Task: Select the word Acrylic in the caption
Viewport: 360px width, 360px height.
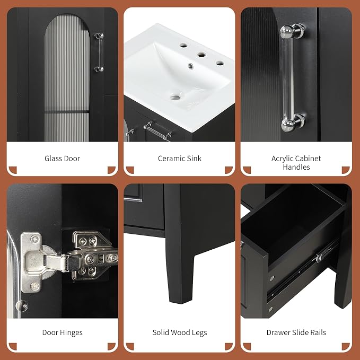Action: pos(284,159)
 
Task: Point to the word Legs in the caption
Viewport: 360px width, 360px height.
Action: pos(199,332)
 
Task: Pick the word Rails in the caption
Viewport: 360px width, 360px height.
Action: pos(318,332)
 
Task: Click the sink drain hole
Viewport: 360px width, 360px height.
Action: pos(175,98)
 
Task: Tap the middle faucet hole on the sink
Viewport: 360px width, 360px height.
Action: pos(201,55)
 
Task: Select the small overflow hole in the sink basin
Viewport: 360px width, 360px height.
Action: pos(190,66)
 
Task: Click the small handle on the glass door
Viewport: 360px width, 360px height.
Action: pos(99,52)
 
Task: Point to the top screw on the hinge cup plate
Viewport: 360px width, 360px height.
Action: pos(34,239)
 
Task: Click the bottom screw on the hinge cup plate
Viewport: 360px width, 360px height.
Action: pos(34,286)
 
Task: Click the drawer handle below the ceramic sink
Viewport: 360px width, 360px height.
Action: pos(157,131)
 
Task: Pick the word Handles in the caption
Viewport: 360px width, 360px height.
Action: pos(296,167)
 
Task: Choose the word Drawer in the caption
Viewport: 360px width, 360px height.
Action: pos(277,332)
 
